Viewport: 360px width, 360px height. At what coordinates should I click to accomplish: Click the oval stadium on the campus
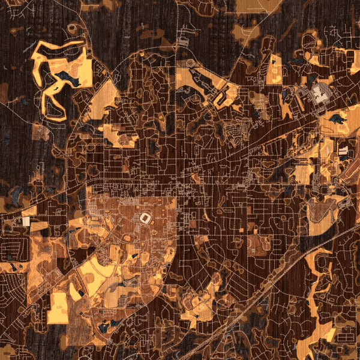[x=145, y=219]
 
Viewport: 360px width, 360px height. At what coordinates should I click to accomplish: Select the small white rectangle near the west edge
[x=26, y=221]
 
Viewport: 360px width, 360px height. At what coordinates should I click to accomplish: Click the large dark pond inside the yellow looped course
[x=66, y=79]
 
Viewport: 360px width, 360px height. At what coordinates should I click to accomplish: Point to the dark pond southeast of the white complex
[x=337, y=119]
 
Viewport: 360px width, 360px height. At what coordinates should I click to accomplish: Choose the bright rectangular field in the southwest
[x=58, y=308]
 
